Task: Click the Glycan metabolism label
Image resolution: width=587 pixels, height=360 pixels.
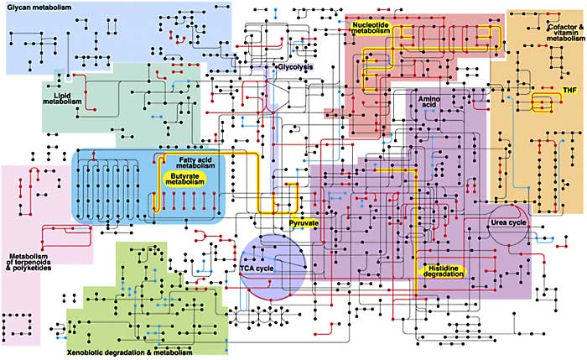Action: (x=39, y=7)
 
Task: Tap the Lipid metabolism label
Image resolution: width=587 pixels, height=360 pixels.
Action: (x=62, y=98)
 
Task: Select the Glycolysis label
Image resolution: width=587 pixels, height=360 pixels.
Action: (x=294, y=67)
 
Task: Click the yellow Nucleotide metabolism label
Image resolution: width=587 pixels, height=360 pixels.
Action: (x=371, y=28)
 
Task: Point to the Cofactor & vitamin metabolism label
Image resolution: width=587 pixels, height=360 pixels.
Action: (x=565, y=33)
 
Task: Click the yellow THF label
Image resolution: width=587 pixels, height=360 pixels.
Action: (x=570, y=91)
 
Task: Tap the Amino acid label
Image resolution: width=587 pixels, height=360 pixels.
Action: (x=429, y=102)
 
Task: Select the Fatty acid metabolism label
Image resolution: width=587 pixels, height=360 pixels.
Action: (x=195, y=163)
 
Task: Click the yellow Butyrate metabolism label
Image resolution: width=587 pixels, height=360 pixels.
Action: (x=185, y=179)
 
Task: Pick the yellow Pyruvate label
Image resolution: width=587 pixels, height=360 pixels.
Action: (x=304, y=223)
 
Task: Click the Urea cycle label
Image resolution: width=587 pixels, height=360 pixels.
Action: (x=508, y=222)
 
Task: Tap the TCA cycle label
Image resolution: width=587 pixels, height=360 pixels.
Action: (x=257, y=269)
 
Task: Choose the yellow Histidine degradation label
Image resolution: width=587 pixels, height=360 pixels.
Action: (x=444, y=271)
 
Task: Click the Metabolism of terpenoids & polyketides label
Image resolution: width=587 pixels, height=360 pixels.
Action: (x=29, y=262)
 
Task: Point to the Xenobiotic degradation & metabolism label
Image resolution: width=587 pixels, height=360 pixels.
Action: (x=129, y=352)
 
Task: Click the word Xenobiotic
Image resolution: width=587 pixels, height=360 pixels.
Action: (x=85, y=352)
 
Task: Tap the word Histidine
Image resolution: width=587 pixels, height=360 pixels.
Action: (x=444, y=269)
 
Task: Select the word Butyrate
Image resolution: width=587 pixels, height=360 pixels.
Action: (x=185, y=176)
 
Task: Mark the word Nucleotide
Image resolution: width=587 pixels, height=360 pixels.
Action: (x=371, y=24)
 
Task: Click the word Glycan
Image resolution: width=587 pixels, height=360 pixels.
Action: (x=18, y=7)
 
